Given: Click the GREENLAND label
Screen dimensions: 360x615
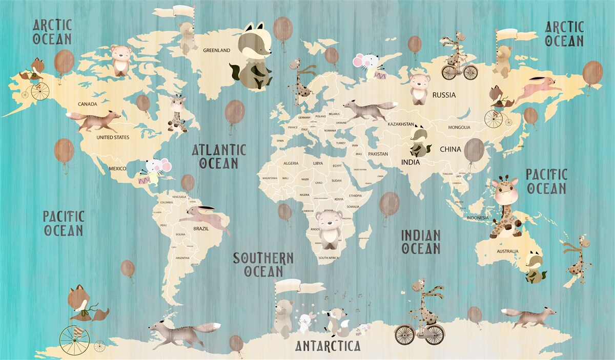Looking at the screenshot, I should coord(216,50).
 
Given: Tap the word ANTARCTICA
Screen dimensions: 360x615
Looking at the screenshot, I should coord(328,346).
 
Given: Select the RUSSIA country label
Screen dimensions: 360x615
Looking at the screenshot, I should coord(444,95).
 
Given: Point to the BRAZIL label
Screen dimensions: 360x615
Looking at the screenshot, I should coord(201,228).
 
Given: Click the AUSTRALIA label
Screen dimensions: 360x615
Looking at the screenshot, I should coord(507,251).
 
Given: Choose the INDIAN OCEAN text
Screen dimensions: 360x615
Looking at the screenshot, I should coord(421,242).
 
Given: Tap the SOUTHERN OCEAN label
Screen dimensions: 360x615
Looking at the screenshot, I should coord(263,264).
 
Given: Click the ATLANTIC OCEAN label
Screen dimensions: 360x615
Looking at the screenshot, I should coord(219,157).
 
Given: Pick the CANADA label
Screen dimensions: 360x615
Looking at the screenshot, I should coord(87,104).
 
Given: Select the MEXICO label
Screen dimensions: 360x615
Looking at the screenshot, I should coord(117,168).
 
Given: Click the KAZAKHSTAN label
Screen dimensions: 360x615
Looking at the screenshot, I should coord(401,124).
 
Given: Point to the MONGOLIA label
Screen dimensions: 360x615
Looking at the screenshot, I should coord(459,128).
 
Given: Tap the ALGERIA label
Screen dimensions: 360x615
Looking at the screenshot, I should coord(291,163).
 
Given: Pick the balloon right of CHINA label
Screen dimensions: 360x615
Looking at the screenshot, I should coord(474,150).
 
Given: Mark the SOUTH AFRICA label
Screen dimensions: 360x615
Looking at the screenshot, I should coord(328,258).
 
